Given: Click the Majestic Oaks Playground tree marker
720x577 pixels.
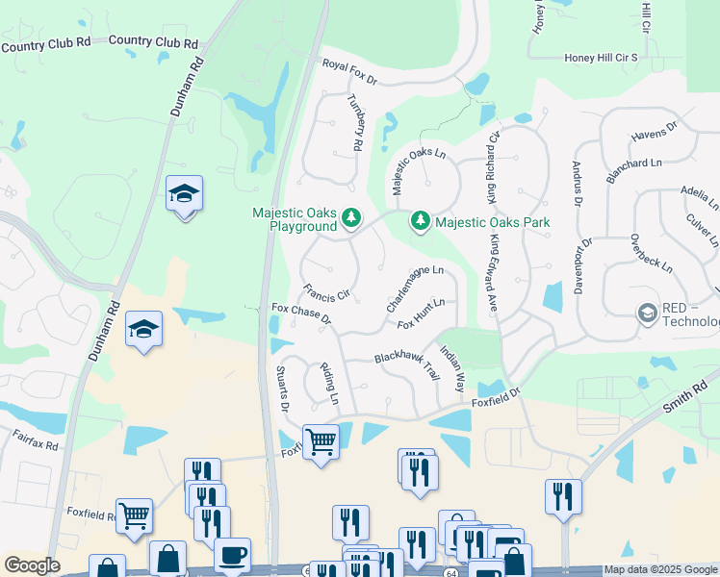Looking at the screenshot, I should pos(351,220).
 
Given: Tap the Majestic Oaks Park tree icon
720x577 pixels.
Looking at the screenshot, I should pos(421,222).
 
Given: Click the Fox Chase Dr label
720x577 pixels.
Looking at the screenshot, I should pos(300,313).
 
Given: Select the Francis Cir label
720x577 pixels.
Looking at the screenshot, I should pos(324,293).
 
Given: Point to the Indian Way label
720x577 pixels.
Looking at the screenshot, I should pos(451,366).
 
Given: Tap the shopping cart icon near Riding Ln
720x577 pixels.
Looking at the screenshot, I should pos(321,441).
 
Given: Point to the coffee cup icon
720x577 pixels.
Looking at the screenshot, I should pos(232,554).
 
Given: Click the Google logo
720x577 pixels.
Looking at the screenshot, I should pos(32,565).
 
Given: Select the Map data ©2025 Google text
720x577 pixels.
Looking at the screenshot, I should pos(659,569).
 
